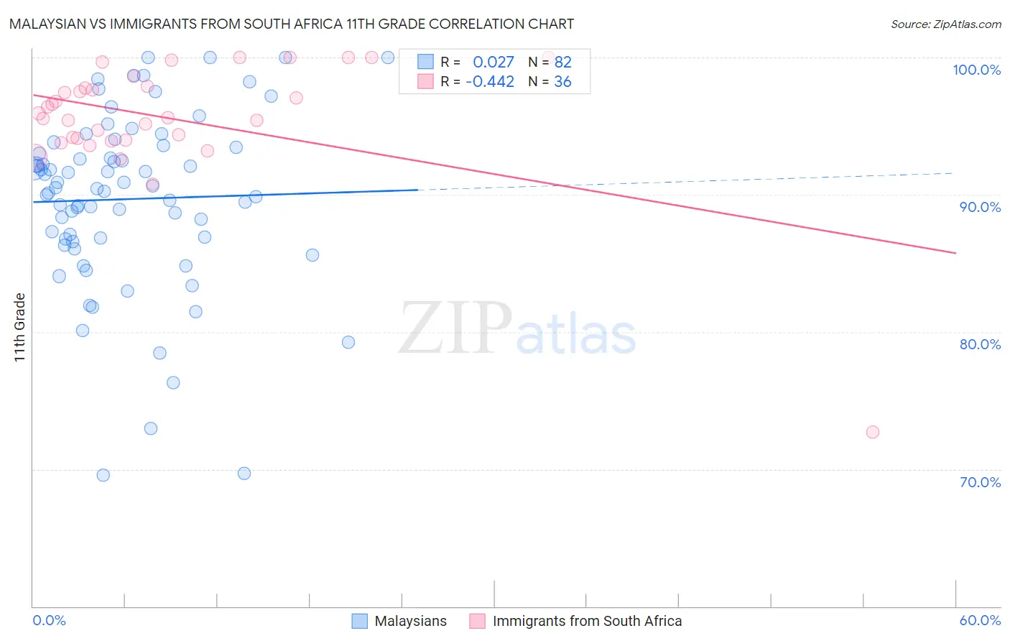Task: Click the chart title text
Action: (292, 24)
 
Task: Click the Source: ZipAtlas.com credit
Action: (945, 24)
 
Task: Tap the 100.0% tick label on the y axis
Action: (976, 70)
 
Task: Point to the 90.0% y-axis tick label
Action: (979, 207)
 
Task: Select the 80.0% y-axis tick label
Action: (979, 344)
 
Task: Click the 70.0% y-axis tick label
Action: (979, 482)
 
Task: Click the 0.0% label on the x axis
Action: (49, 620)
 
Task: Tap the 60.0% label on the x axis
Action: (979, 620)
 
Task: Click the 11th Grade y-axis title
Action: (19, 327)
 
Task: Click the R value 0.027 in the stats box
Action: (494, 63)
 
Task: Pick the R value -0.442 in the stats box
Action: (490, 82)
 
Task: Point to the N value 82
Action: (562, 63)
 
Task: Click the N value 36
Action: (562, 82)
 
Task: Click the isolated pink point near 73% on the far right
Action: (872, 432)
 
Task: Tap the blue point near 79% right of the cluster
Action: (348, 342)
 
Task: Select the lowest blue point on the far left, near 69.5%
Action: (103, 475)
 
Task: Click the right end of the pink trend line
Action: (955, 253)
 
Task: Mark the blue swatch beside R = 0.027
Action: (425, 63)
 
